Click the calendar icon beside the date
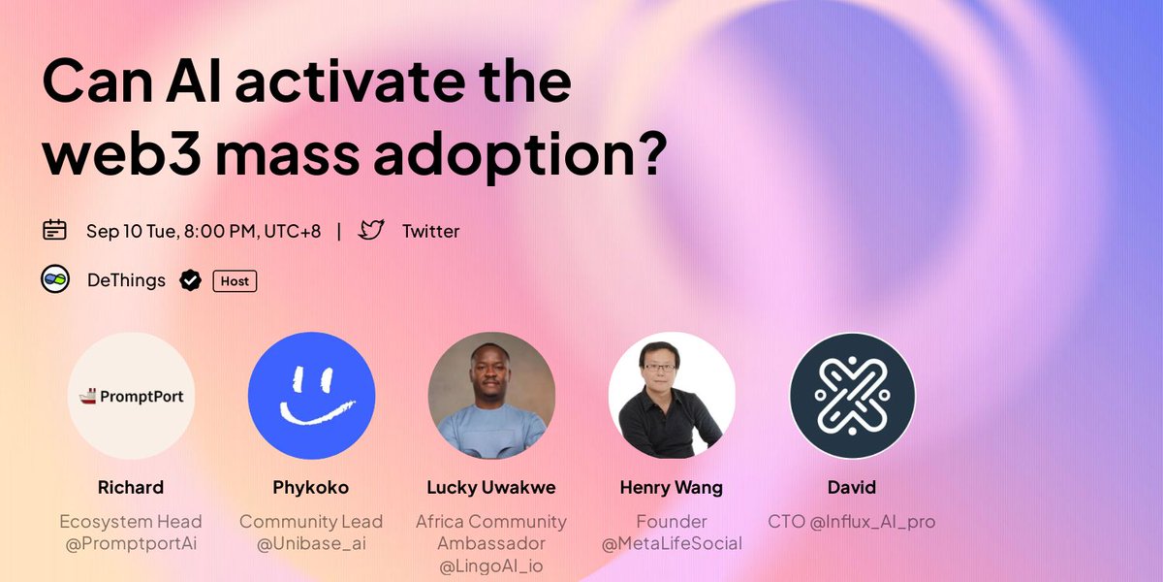click(x=54, y=230)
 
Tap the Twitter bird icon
click(x=371, y=230)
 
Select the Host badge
click(x=235, y=281)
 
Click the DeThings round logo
click(x=54, y=280)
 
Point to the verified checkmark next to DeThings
click(x=191, y=281)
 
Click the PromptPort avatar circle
click(x=132, y=397)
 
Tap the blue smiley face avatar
click(x=311, y=397)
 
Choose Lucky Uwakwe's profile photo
click(x=491, y=397)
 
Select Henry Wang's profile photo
click(x=672, y=397)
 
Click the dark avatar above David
click(x=852, y=397)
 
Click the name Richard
click(x=131, y=487)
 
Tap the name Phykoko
click(x=311, y=487)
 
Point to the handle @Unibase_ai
click(x=311, y=543)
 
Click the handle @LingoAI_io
click(x=491, y=566)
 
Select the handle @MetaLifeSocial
click(x=672, y=543)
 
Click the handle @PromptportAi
click(x=131, y=543)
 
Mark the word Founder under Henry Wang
click(x=672, y=521)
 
